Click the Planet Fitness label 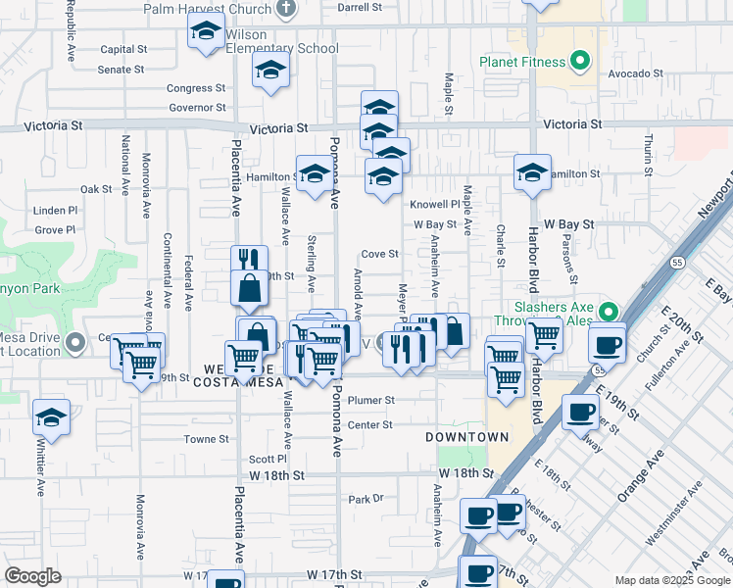click(x=522, y=63)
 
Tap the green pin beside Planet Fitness click(x=580, y=62)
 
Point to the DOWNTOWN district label click(x=467, y=436)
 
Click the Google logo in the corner click(x=32, y=576)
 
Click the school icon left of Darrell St click(x=206, y=32)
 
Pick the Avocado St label click(x=635, y=73)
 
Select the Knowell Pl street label click(x=434, y=205)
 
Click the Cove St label click(x=379, y=254)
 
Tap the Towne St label click(x=206, y=439)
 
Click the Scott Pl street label click(x=267, y=459)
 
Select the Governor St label click(x=197, y=108)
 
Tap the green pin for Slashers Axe click(x=610, y=313)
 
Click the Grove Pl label click(x=55, y=230)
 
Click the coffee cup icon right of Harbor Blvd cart click(x=607, y=344)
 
